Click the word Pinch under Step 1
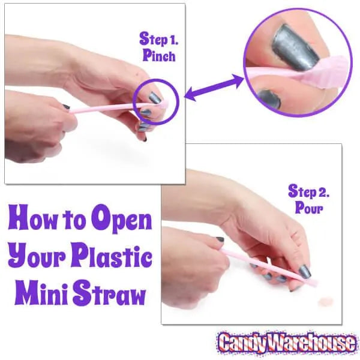coord(159,56)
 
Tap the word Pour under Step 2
coord(309,208)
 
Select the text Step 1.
coord(159,39)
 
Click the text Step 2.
coord(308,191)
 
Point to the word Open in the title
coord(121,220)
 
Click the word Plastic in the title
coord(112,257)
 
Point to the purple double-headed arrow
coord(214,88)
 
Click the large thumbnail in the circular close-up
coord(295,48)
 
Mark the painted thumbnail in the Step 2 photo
coord(305,271)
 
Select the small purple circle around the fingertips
coord(156,102)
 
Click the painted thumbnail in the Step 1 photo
coord(155,98)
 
